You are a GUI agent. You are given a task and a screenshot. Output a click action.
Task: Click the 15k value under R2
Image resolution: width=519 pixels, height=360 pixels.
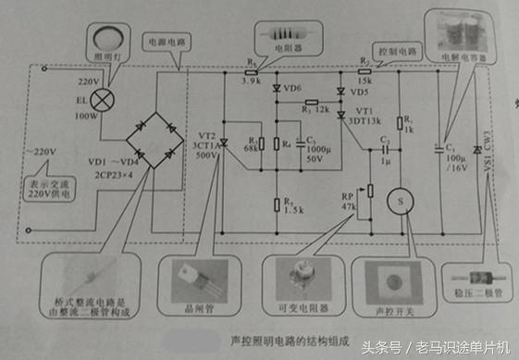pyautogui.click(x=366, y=80)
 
